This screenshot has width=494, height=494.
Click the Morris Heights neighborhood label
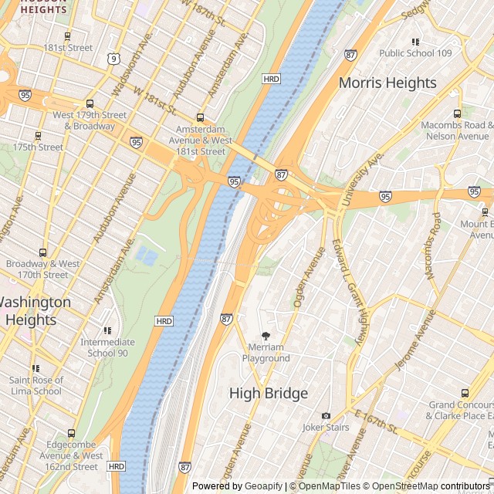[387, 83]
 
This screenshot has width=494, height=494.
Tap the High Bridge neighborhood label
[269, 393]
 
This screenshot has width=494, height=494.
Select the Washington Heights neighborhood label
[31, 310]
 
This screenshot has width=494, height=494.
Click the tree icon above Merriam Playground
[266, 336]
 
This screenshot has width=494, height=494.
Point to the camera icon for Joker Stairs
[326, 415]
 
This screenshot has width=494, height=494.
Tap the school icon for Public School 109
[415, 42]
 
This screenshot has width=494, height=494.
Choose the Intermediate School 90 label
[107, 347]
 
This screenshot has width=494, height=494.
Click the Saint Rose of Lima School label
[36, 385]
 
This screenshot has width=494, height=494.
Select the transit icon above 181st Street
[68, 36]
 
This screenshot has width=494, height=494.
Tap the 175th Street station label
[38, 147]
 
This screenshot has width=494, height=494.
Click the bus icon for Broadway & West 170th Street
[42, 252]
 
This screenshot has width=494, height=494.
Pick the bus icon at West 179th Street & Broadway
[90, 104]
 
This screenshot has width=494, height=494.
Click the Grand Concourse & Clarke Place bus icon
[464, 394]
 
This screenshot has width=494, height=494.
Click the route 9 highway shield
[113, 58]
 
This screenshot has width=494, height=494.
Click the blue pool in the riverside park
[146, 255]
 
